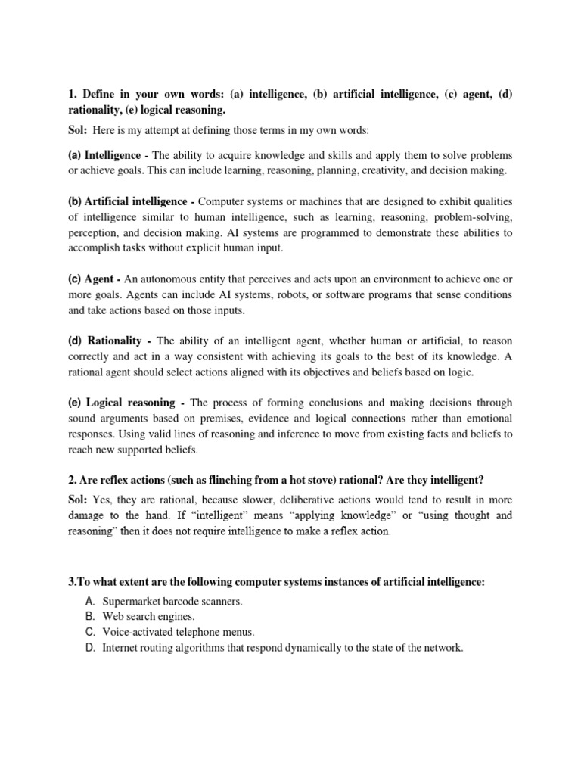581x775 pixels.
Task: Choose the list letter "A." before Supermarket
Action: (90, 602)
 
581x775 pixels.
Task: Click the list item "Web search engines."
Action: (143, 617)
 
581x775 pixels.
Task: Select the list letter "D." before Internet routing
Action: (90, 648)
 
